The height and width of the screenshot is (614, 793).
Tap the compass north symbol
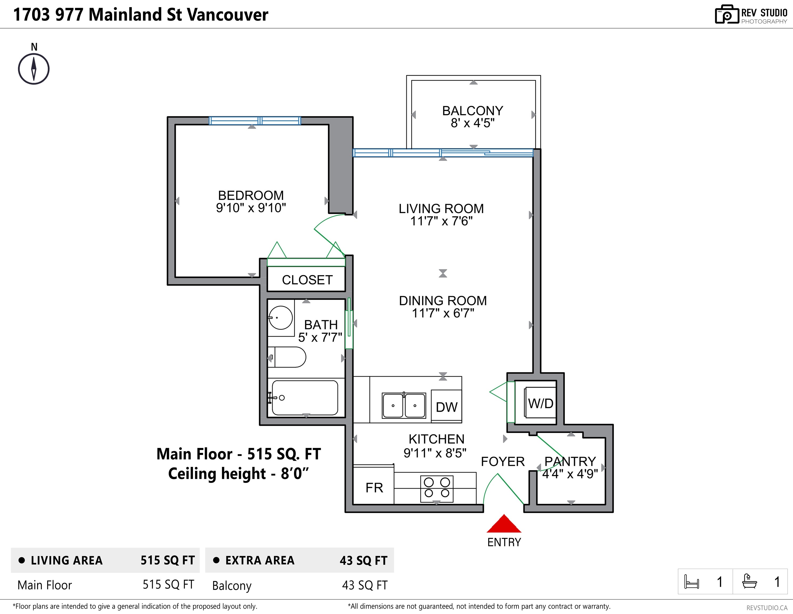[x=34, y=69]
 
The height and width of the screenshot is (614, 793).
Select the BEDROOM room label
[x=251, y=195]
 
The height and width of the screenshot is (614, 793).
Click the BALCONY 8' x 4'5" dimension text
[x=472, y=123]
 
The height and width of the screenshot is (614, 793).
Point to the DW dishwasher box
[x=446, y=406]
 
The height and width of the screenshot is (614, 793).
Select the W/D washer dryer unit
[x=540, y=403]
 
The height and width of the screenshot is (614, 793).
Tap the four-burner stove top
[x=437, y=488]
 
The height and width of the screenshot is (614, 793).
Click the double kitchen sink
[x=404, y=405]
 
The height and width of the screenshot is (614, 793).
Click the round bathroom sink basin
[x=281, y=318]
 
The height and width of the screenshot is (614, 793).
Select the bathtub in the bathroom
[x=305, y=398]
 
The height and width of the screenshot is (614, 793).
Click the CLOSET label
[x=307, y=280]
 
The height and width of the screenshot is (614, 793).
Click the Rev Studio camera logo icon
[x=727, y=15]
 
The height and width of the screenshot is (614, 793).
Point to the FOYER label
[x=503, y=462]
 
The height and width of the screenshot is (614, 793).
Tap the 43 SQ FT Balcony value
[x=365, y=585]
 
